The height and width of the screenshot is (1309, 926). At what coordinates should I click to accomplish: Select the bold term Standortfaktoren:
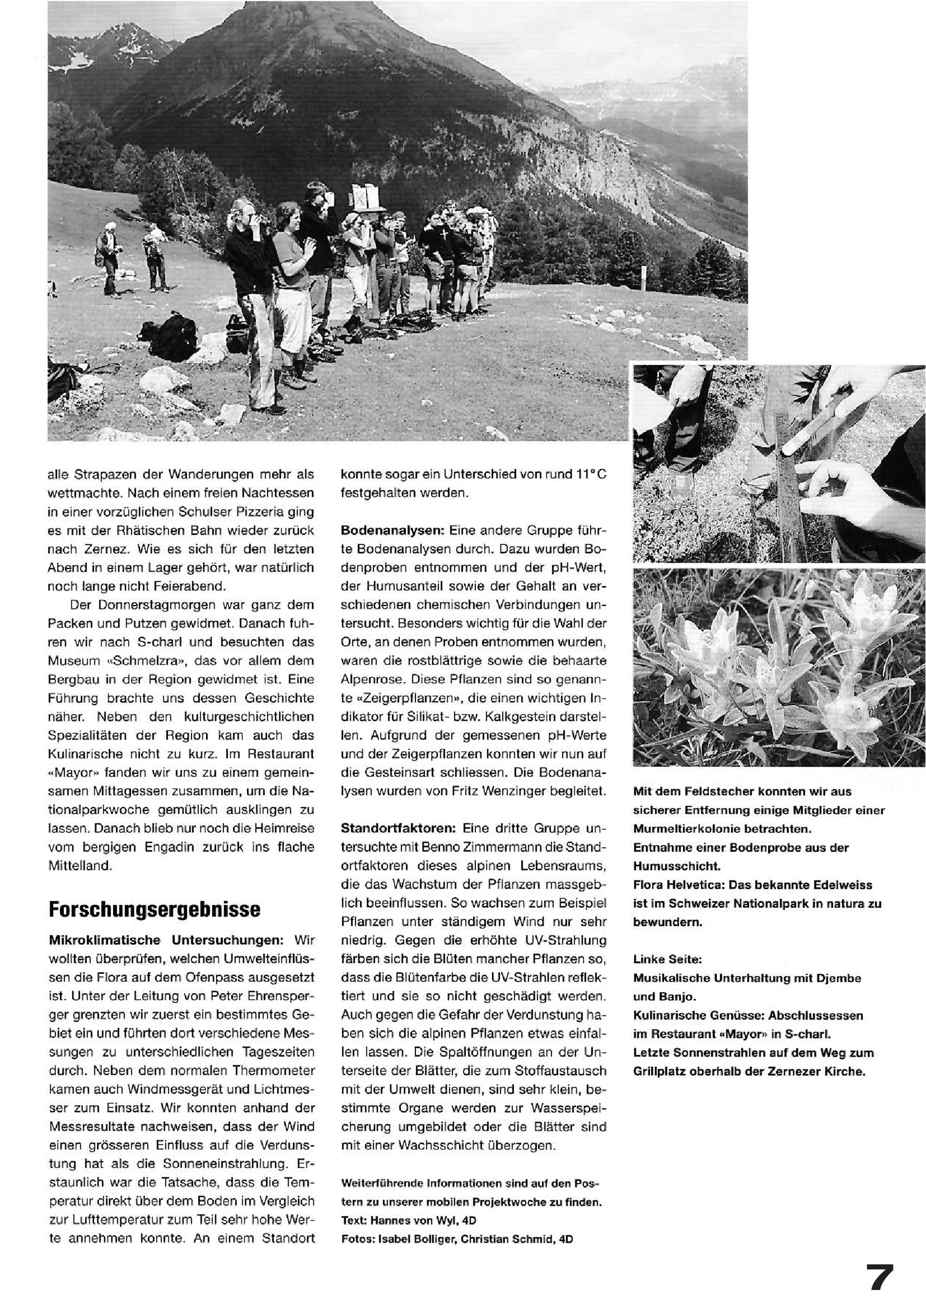(398, 829)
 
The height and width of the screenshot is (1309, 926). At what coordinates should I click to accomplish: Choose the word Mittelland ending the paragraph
(79, 866)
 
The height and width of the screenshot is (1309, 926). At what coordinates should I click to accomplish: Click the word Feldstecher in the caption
(710, 792)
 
